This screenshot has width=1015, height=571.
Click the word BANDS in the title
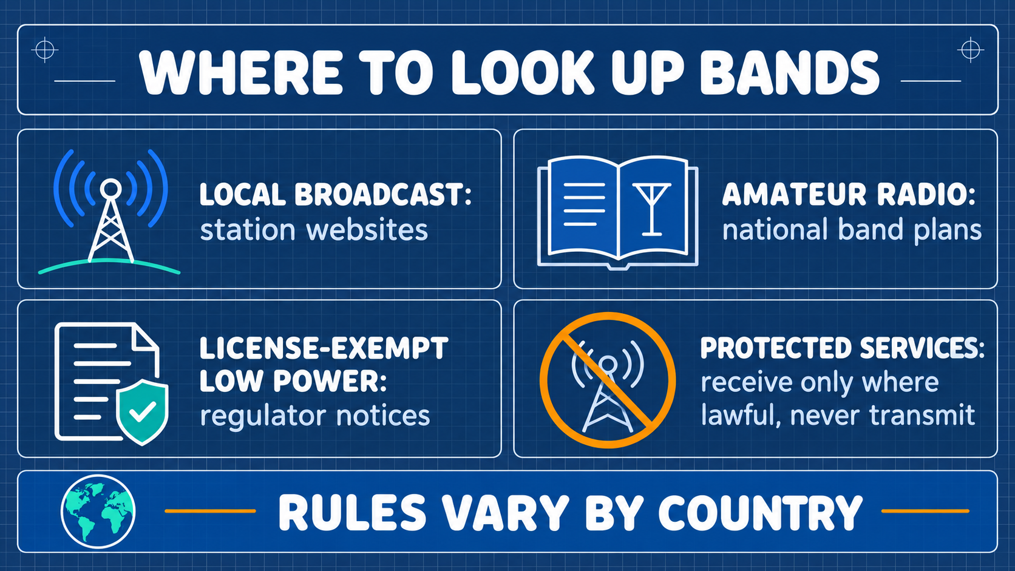tap(790, 73)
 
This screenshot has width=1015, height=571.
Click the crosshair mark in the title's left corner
tap(45, 49)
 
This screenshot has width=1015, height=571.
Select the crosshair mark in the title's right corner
tap(970, 49)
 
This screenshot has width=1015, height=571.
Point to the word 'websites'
tap(367, 230)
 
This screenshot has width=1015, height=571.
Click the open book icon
tap(617, 213)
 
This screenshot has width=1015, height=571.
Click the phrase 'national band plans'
tap(852, 230)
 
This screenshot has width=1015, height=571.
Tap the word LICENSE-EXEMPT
tap(324, 348)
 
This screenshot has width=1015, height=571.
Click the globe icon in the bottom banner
tap(98, 511)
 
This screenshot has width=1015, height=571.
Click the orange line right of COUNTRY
tap(925, 511)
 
